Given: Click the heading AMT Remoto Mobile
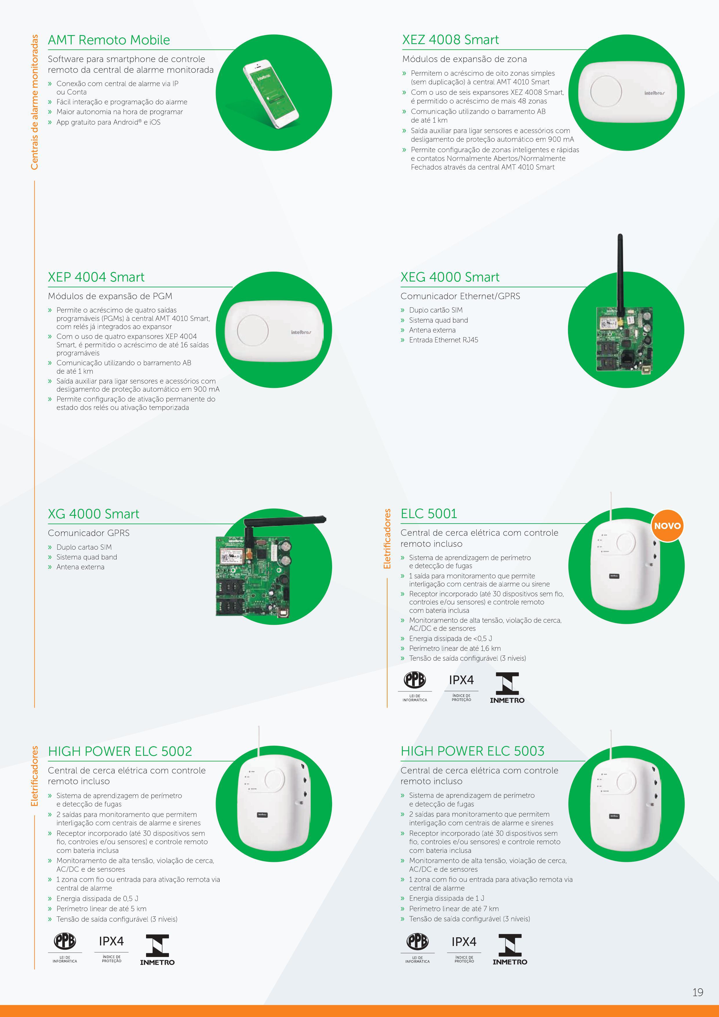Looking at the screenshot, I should coord(109,40).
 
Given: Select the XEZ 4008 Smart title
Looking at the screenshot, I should coord(450,40).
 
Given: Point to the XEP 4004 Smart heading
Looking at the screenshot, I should coord(96,277).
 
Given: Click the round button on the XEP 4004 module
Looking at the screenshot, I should coord(253,330).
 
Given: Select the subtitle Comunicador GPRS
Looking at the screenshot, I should coord(89,533).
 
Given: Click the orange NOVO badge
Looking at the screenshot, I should coord(667,526).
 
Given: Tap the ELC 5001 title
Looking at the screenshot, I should coord(429,514).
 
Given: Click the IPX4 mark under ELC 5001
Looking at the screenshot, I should coord(461,680).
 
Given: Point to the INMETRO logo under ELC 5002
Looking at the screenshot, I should coord(157,950).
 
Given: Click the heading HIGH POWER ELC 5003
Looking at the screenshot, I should coord(472,751).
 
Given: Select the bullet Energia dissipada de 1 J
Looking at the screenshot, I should coord(446,898).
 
